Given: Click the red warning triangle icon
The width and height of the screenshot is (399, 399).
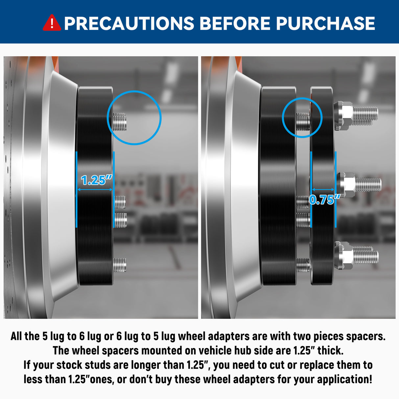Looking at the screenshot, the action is tap(52, 23).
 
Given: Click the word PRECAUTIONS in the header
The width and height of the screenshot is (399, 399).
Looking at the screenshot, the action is tap(129, 23).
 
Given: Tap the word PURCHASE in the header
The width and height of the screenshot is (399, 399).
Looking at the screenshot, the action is tap(325, 23).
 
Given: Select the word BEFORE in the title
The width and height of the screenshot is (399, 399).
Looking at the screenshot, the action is tap(235, 23).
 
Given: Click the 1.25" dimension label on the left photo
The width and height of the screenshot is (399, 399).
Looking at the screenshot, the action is tap(97, 180).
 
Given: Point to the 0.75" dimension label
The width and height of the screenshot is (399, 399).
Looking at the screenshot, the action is tap(324, 200).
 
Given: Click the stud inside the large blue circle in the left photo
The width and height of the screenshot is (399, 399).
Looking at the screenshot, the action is tap(120, 122).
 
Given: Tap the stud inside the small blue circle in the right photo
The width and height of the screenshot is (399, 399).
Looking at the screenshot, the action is tap(303, 122).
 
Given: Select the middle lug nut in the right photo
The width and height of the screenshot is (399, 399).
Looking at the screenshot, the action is tap(346, 185).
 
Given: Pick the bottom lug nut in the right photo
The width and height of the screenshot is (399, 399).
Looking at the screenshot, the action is tap(343, 255).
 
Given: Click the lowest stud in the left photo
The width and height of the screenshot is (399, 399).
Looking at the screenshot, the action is tap(120, 265).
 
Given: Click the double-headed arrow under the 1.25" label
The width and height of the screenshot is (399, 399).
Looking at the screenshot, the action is tap(95, 189).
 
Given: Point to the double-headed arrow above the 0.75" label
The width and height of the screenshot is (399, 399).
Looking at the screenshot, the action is tap(323, 189).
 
